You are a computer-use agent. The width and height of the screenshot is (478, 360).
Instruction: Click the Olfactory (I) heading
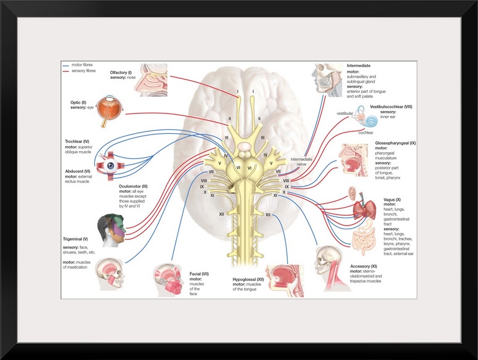[123, 72]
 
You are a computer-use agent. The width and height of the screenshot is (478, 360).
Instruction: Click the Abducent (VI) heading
[78, 171]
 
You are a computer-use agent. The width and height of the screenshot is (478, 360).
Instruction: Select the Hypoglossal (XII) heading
[244, 279]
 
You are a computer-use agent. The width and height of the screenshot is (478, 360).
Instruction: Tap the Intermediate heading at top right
[359, 65]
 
